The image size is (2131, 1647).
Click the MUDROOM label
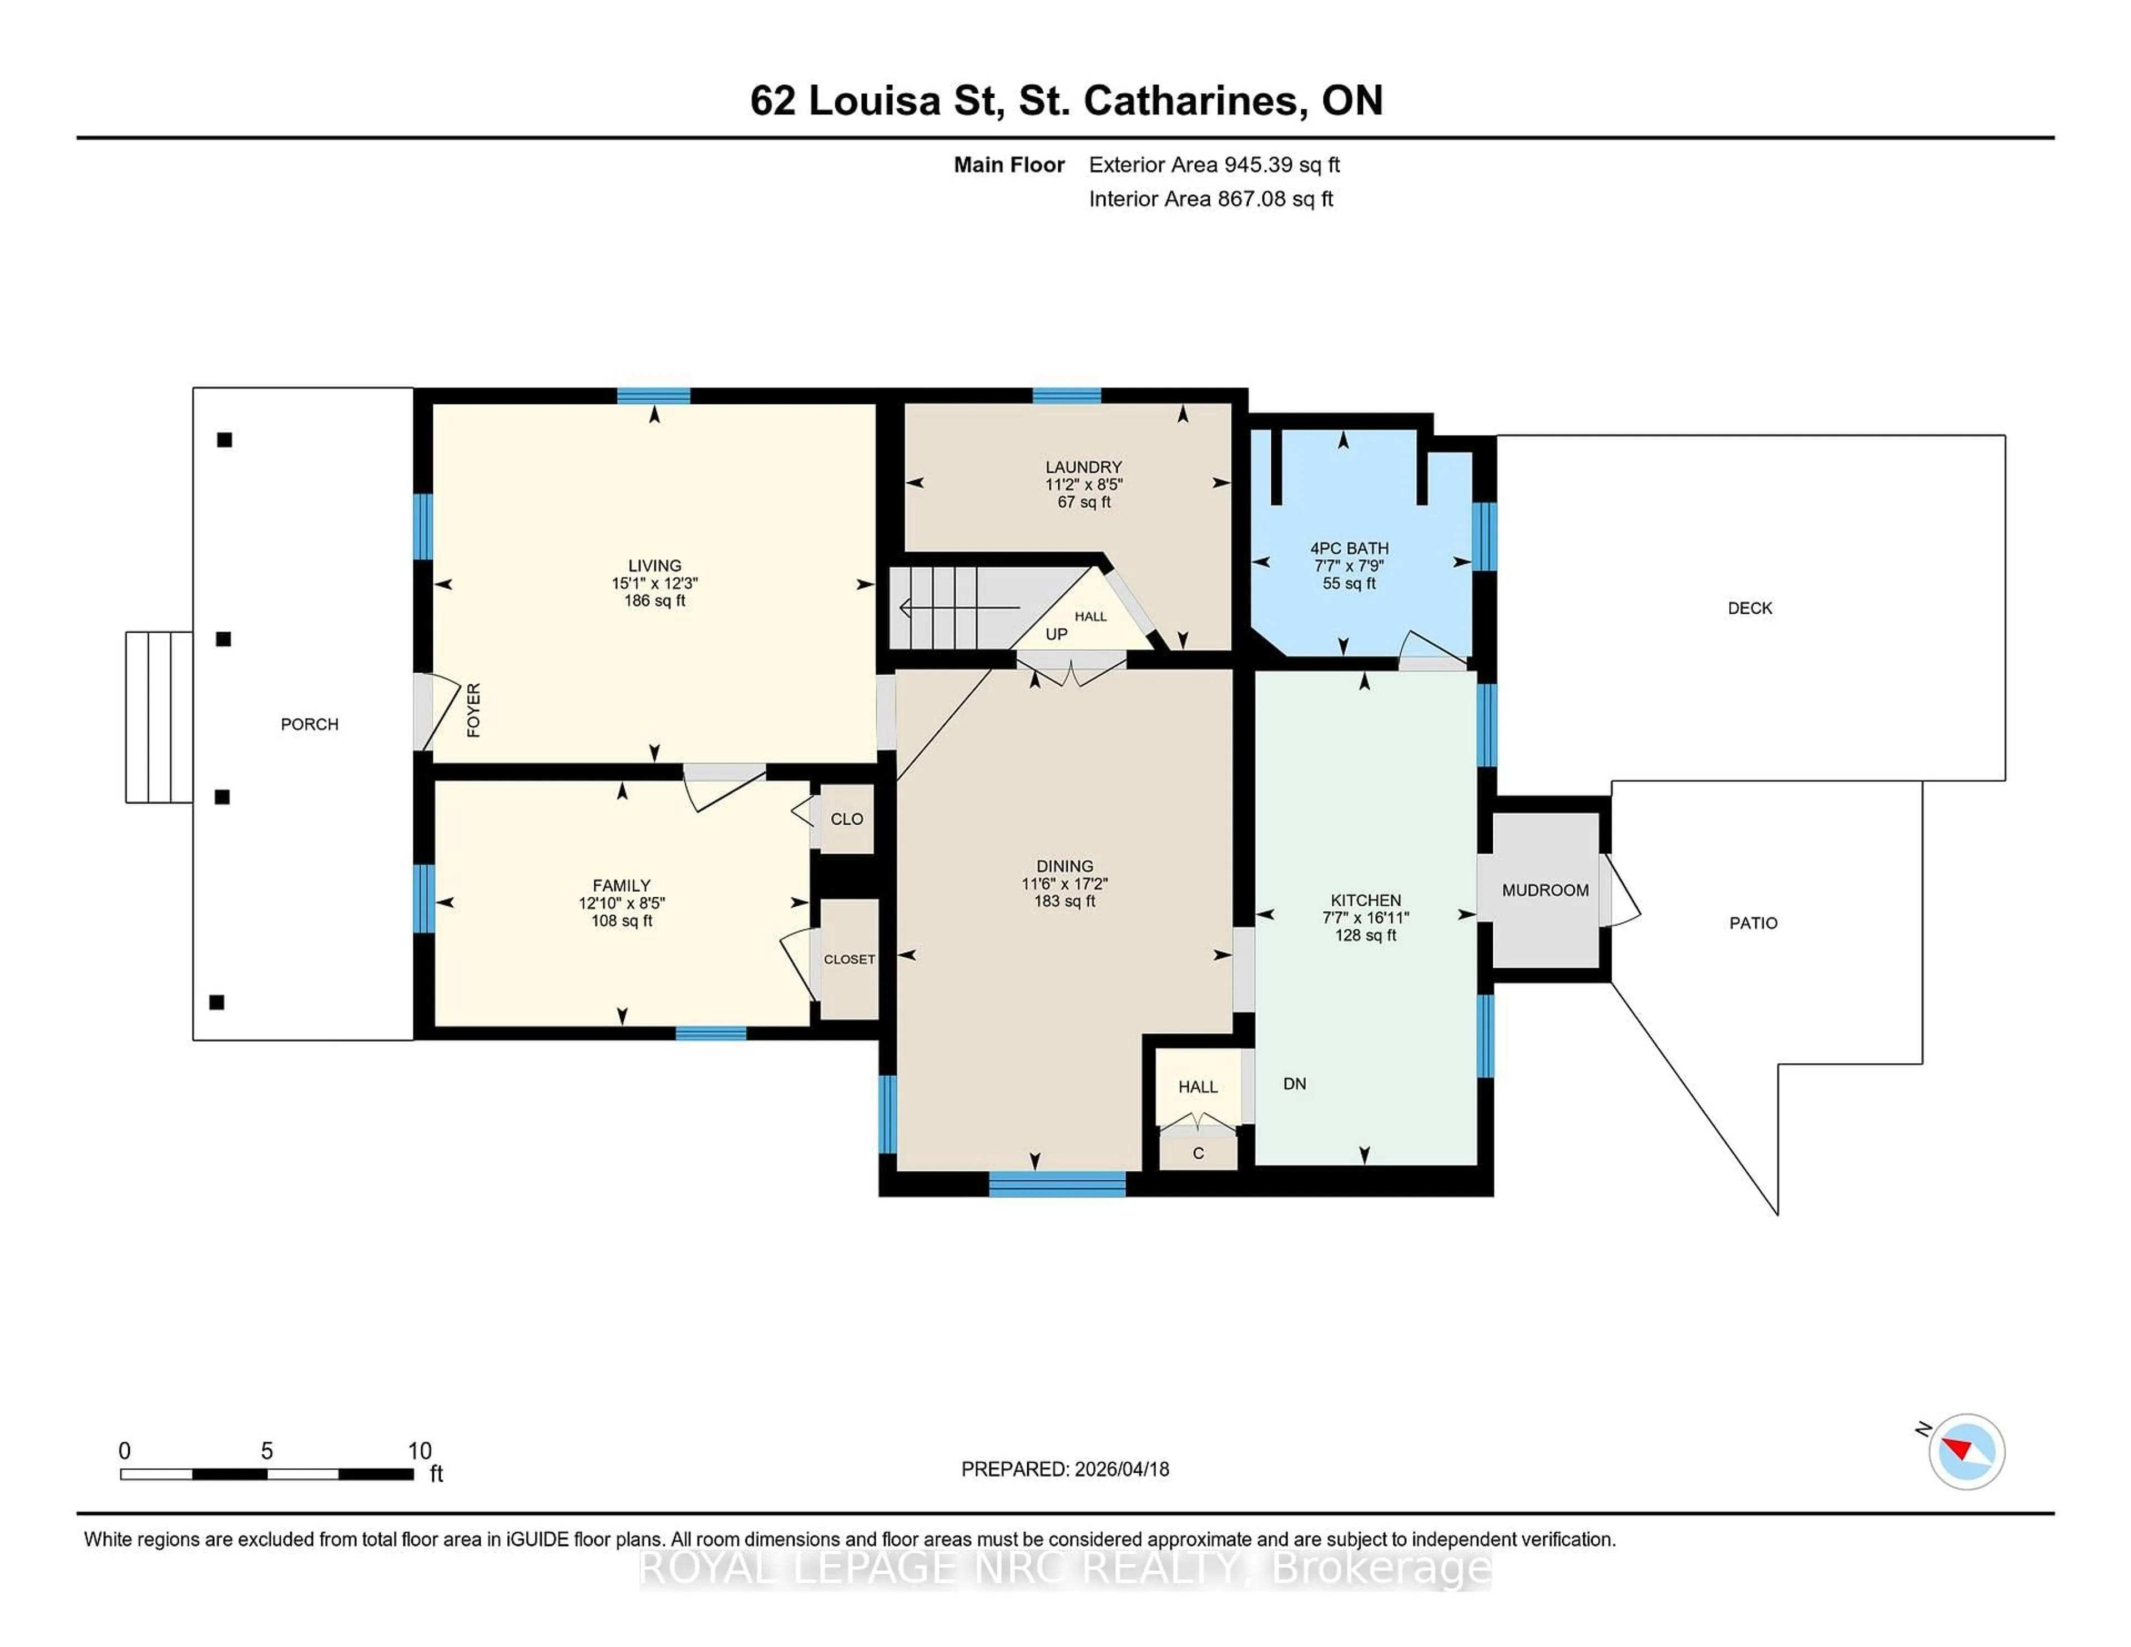pyautogui.click(x=1544, y=890)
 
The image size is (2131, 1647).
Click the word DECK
pyautogui.click(x=1750, y=608)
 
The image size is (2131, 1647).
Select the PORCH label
pyautogui.click(x=309, y=724)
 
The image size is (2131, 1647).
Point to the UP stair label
pyautogui.click(x=1056, y=634)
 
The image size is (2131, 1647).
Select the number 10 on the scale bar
pyautogui.click(x=418, y=1451)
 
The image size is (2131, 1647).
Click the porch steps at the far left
pyautogui.click(x=158, y=717)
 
